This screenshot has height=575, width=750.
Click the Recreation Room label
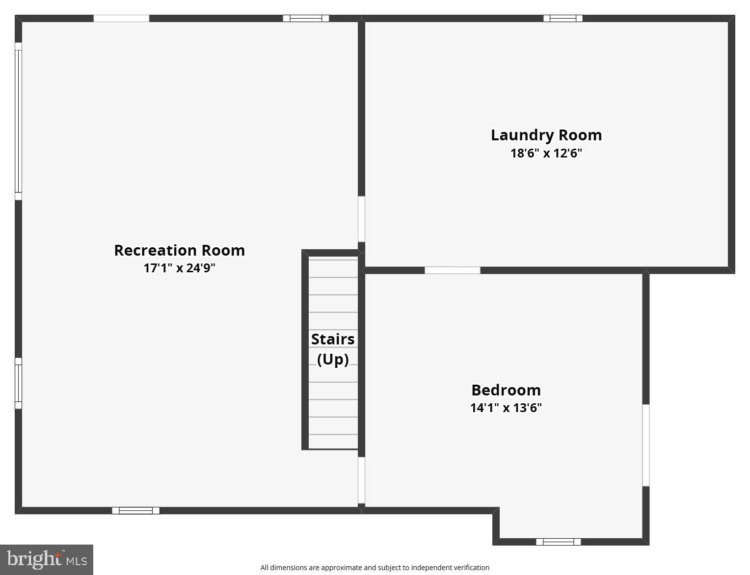[x=179, y=250]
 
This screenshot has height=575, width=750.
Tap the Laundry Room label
[x=546, y=135]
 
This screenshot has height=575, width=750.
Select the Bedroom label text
[x=506, y=390]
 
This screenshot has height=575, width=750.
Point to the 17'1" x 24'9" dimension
[x=179, y=268]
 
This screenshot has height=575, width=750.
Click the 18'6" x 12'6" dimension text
[x=546, y=153]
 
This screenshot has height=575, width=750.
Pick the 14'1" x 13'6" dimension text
[x=506, y=408]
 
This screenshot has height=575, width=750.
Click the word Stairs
[x=333, y=339]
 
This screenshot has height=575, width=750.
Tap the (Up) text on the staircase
[x=333, y=359]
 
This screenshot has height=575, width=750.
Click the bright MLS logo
[x=47, y=559]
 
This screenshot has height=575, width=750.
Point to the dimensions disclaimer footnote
[x=375, y=568]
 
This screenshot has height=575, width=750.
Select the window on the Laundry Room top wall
[x=562, y=19]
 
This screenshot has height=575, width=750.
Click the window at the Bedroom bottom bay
[x=558, y=542]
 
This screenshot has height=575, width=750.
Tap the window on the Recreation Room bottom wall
[x=135, y=511]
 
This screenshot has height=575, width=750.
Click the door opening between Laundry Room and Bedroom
[x=452, y=270]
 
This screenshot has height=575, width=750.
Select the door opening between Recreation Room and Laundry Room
[x=361, y=219]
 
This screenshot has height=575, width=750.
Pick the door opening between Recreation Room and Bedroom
[x=361, y=480]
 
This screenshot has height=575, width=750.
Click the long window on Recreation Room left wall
[x=18, y=121]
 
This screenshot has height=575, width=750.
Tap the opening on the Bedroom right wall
[x=646, y=445]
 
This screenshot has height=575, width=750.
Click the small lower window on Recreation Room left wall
[x=18, y=383]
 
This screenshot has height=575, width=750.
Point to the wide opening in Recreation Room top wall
[x=121, y=19]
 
